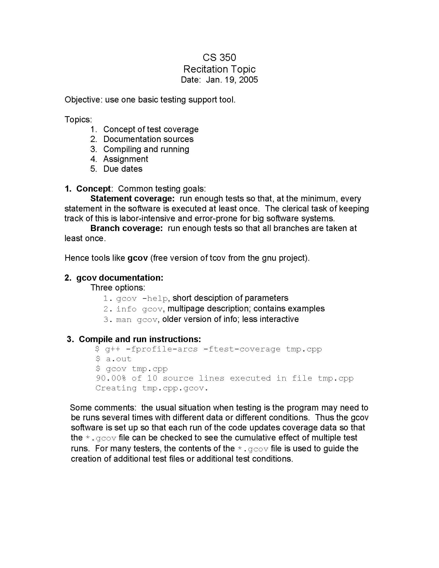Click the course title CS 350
pyautogui.click(x=219, y=58)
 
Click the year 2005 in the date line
pyautogui.click(x=248, y=80)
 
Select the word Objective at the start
pyautogui.click(x=83, y=100)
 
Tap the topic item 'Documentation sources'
pyautogui.click(x=148, y=139)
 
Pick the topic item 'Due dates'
pyautogui.click(x=123, y=169)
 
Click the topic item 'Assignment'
pyautogui.click(x=126, y=159)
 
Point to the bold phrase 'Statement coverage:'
pyautogui.click(x=132, y=199)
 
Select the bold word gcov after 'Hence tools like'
pyautogui.click(x=138, y=258)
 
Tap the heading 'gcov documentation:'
pyautogui.click(x=120, y=278)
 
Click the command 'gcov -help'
pyautogui.click(x=142, y=298)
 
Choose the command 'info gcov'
pyautogui.click(x=139, y=309)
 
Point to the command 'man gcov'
pyautogui.click(x=137, y=319)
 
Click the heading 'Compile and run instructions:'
pyautogui.click(x=140, y=339)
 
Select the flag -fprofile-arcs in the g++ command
pyautogui.click(x=161, y=349)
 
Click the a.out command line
pyautogui.click(x=118, y=359)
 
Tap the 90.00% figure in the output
pyautogui.click(x=111, y=378)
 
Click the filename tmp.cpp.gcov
pyautogui.click(x=175, y=388)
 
